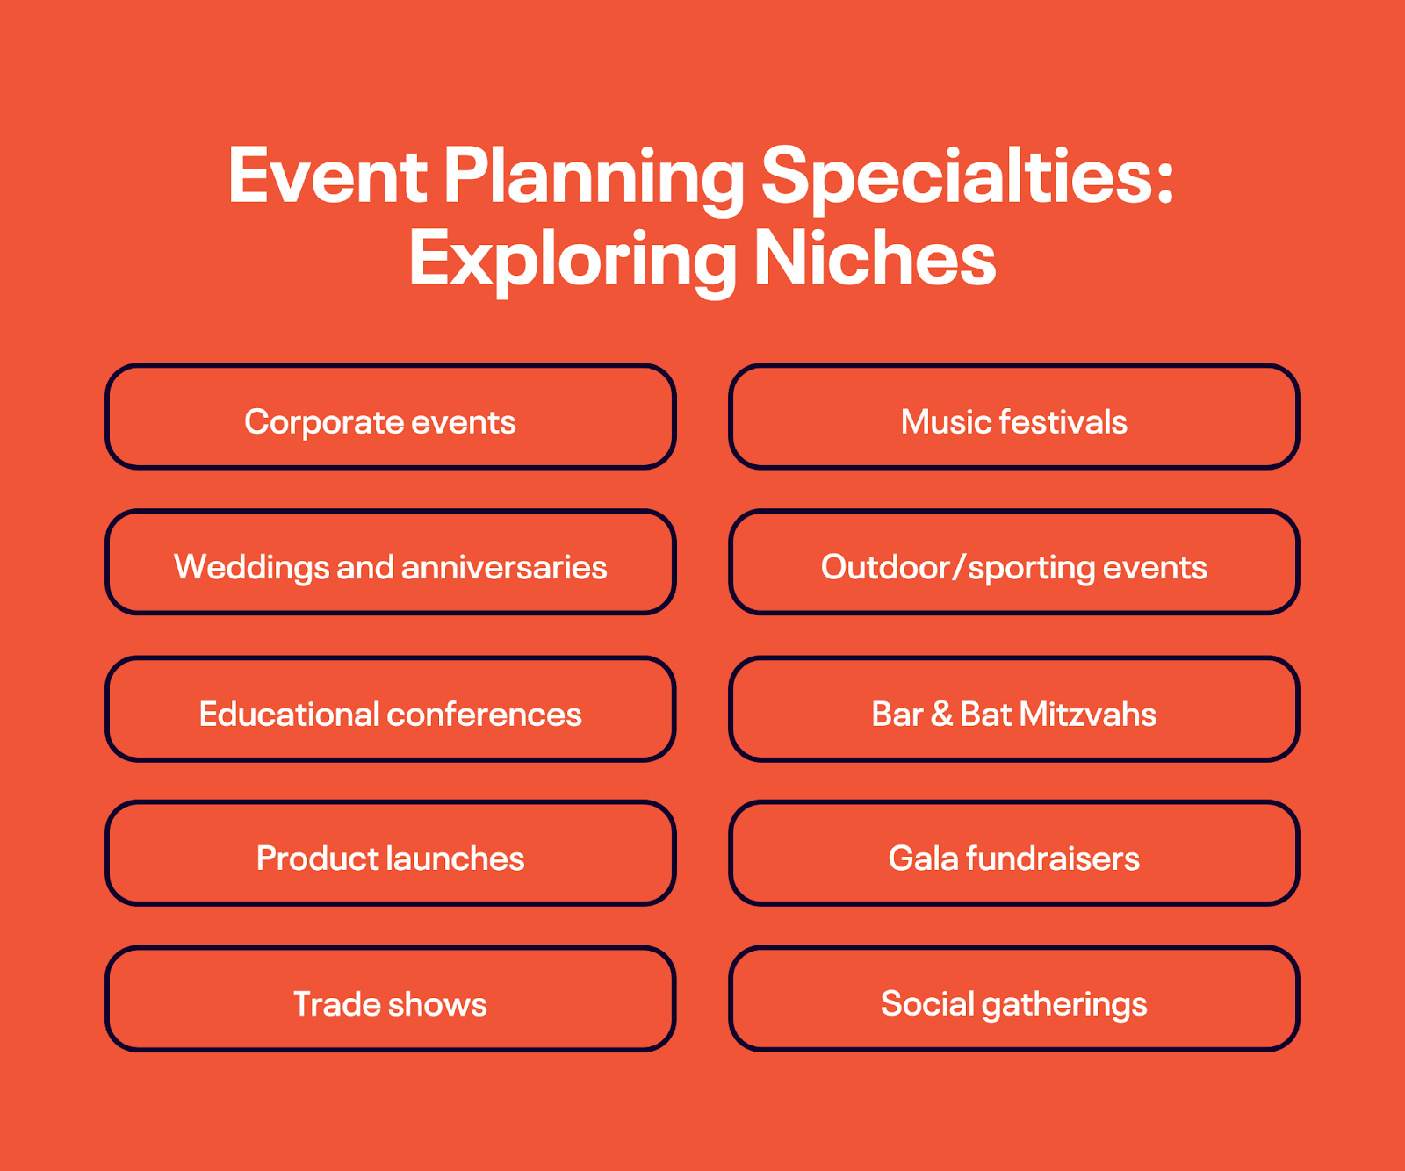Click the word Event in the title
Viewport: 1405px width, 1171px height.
tap(328, 176)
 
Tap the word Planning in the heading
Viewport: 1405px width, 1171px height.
tap(594, 178)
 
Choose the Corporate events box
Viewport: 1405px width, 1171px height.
tap(390, 417)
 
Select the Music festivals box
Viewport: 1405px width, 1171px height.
tap(1013, 417)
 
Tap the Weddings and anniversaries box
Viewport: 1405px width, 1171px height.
tap(390, 563)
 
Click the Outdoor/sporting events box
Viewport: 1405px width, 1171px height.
tap(1013, 563)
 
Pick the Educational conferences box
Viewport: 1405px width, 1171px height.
tap(390, 709)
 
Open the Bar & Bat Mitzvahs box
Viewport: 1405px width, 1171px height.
tap(1013, 709)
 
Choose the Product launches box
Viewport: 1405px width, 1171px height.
tap(390, 853)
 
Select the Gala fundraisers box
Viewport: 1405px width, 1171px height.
tap(1013, 853)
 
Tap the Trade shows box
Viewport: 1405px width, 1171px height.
tap(390, 999)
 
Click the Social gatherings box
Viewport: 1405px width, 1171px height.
tap(1013, 999)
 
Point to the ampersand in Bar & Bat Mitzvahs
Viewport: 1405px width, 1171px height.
tap(941, 715)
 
